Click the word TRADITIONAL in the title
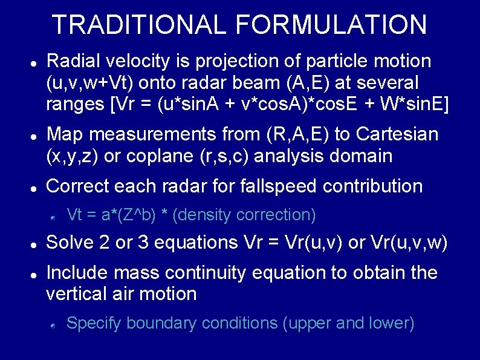[140, 25]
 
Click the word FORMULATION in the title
[331, 25]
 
